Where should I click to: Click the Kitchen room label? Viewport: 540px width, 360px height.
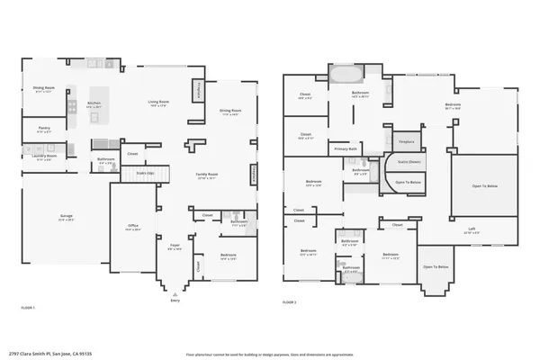pos(93,104)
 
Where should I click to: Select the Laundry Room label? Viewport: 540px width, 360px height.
pos(44,157)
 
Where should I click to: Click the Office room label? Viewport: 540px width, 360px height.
pos(132,229)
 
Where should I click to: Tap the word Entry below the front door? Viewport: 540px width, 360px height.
pos(175,301)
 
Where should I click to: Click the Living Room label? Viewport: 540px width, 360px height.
pos(159,103)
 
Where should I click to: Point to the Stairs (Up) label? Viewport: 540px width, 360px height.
pos(144,172)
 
